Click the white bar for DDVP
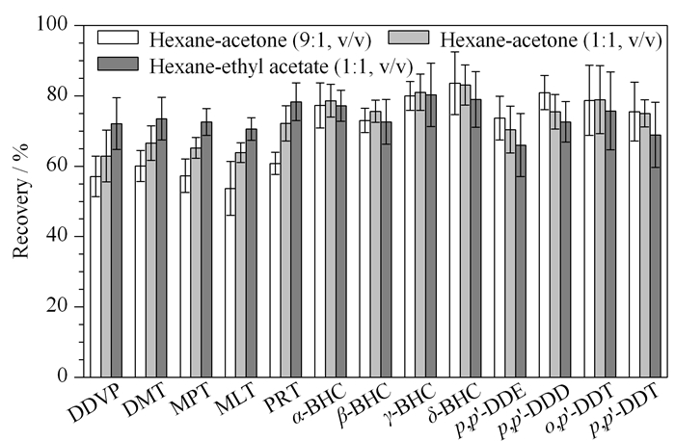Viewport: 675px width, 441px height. coord(95,276)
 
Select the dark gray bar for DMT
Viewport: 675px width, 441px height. coord(161,248)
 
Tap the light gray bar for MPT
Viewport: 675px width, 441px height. coord(196,263)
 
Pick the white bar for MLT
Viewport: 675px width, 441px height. coord(230,283)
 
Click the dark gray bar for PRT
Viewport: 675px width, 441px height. coord(296,240)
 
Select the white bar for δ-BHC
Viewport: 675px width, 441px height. coord(454,230)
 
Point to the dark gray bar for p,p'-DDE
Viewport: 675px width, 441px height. coord(521,261)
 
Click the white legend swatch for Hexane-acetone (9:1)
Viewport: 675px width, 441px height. coord(119,38)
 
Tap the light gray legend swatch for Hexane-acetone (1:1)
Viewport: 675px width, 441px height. coord(409,37)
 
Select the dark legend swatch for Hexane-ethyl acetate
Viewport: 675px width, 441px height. coord(119,64)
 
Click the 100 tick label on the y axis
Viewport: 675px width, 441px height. coord(52,24)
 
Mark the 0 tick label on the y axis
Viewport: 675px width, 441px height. coord(63,376)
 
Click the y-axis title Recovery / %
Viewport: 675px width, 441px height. coord(20,200)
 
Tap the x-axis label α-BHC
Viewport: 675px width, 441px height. coord(318,403)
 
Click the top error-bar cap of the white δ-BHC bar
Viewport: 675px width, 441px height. coord(454,52)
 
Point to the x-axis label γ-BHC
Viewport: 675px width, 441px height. coord(410,403)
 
